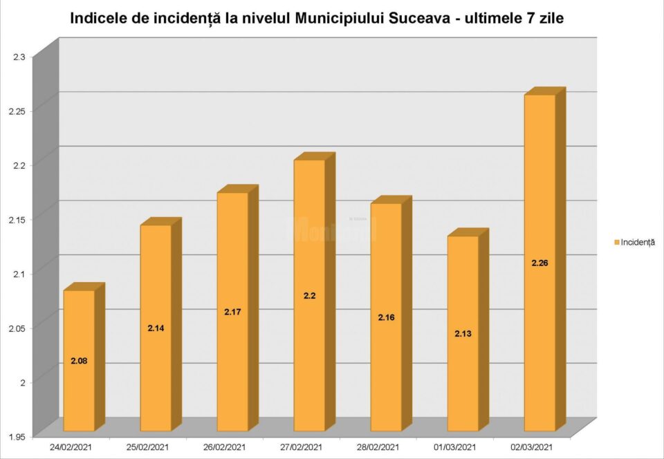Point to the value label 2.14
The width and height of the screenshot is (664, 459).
(x=156, y=328)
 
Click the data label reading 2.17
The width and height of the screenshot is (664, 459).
(x=232, y=312)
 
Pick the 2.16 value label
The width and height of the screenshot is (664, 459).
(x=386, y=317)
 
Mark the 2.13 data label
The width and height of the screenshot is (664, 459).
(x=463, y=333)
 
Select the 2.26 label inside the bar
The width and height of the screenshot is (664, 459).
(x=539, y=263)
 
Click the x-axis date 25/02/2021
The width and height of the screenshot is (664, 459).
(x=150, y=447)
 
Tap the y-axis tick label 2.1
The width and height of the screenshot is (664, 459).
(x=19, y=274)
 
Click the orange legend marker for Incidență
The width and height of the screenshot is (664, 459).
(x=616, y=242)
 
